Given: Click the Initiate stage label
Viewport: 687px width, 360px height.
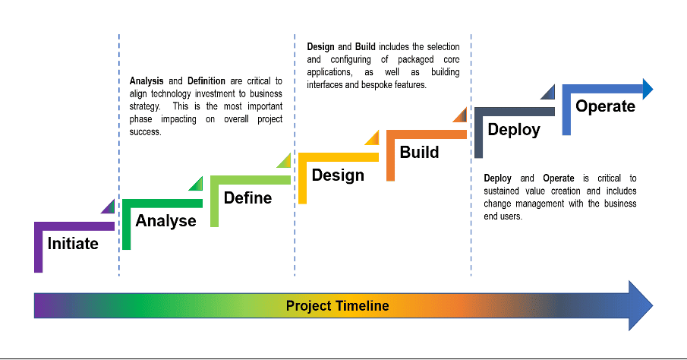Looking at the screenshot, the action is click(x=73, y=243).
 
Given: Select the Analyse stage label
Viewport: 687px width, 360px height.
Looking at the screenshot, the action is click(x=165, y=221).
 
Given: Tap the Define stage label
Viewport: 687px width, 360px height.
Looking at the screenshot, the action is click(x=247, y=197).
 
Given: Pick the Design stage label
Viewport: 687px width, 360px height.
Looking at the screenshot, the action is click(x=338, y=175).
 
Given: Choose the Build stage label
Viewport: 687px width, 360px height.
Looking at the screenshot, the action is click(x=419, y=152).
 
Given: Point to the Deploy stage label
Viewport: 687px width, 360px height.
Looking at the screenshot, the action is click(x=514, y=130).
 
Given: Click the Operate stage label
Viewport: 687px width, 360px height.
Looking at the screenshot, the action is click(x=605, y=106).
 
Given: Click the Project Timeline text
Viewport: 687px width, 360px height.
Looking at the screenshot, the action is click(x=337, y=305).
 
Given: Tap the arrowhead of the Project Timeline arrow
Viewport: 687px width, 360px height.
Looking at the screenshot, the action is click(x=641, y=305).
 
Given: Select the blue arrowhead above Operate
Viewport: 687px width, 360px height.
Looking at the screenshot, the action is click(x=648, y=89).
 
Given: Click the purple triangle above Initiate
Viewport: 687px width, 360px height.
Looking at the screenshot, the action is click(x=109, y=208).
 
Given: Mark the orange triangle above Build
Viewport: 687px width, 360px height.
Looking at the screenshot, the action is click(x=462, y=116).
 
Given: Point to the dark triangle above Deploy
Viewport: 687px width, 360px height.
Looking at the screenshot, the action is click(x=550, y=93).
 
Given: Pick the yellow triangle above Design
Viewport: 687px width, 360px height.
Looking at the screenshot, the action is click(x=373, y=139).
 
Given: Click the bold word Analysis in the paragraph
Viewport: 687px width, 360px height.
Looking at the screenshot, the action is click(x=147, y=81).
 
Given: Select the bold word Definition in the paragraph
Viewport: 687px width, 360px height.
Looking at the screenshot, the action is click(x=206, y=81).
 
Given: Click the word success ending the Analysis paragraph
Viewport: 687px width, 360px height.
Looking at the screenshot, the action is click(x=145, y=132).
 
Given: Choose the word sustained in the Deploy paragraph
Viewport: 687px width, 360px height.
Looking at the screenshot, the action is click(x=501, y=191).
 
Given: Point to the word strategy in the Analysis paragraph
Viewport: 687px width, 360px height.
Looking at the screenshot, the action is click(x=144, y=107).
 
